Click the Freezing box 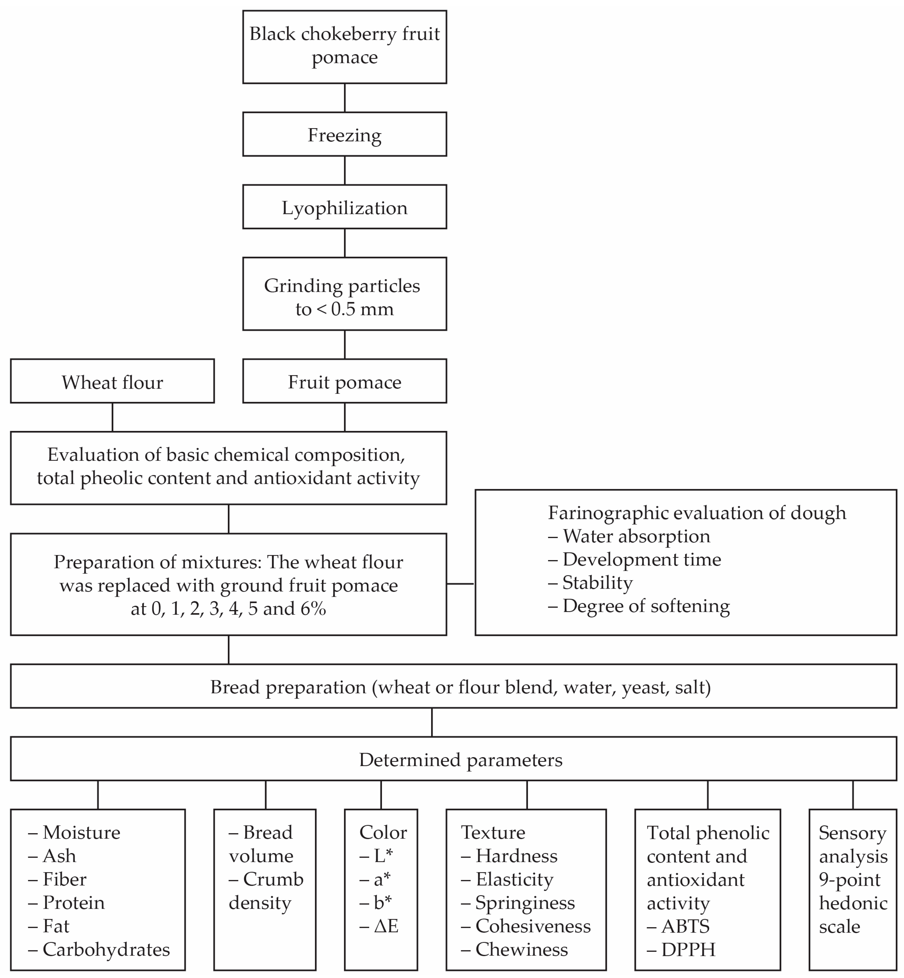click(x=344, y=135)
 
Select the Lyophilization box click(x=344, y=207)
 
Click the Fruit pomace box click(x=344, y=382)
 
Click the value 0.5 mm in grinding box click(x=362, y=309)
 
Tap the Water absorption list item click(x=636, y=536)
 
